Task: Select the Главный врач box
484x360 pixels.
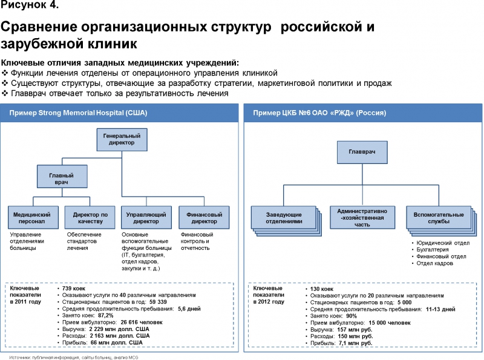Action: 61,178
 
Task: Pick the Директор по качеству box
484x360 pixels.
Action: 90,217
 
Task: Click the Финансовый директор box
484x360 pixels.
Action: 204,217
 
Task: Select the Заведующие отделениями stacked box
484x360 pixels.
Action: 284,217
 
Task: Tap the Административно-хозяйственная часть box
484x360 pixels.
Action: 362,217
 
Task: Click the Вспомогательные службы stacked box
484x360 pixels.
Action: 439,217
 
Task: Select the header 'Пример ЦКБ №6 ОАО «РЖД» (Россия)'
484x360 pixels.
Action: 320,113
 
